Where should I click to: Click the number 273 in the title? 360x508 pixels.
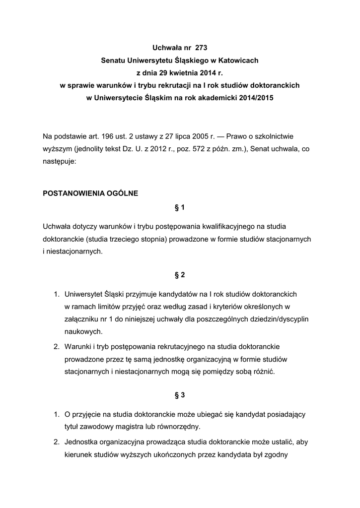201,48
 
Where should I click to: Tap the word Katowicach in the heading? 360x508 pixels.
236,61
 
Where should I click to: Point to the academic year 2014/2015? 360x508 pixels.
253,98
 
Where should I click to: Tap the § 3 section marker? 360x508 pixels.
180,395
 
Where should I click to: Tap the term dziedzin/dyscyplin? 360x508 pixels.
278,318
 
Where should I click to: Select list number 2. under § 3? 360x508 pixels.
57,442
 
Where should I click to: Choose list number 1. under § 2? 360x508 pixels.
57,294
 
